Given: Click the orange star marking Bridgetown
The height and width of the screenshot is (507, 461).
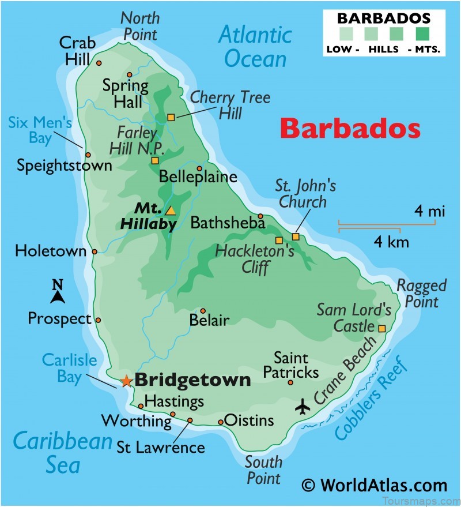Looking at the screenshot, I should click(x=126, y=381).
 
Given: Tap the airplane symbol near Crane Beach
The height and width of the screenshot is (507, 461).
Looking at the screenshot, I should click(x=302, y=406).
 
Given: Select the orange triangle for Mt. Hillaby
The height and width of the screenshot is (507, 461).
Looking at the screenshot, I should click(x=170, y=211).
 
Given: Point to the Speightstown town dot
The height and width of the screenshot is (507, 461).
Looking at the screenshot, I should click(x=88, y=155).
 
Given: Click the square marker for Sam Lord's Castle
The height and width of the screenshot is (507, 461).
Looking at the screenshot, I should click(x=381, y=328).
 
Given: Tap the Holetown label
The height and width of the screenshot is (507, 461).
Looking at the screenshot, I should click(x=50, y=251).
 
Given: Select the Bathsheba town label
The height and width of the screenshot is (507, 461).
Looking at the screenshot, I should click(x=227, y=222).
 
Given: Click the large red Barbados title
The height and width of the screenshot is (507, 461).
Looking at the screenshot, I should click(x=350, y=129).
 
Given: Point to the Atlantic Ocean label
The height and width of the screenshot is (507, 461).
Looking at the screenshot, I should click(x=255, y=47).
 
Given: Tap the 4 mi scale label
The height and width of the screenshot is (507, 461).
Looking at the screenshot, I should click(x=429, y=212).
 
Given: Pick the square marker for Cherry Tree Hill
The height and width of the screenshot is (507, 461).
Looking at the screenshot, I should click(x=171, y=118).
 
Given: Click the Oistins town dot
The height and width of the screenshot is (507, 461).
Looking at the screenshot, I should click(x=221, y=422).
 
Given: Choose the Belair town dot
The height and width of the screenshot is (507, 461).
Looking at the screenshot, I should click(x=202, y=310).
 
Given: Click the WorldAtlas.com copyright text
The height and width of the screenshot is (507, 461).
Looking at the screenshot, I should click(x=375, y=485).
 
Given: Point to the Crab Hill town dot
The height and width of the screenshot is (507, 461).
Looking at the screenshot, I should click(x=99, y=63).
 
